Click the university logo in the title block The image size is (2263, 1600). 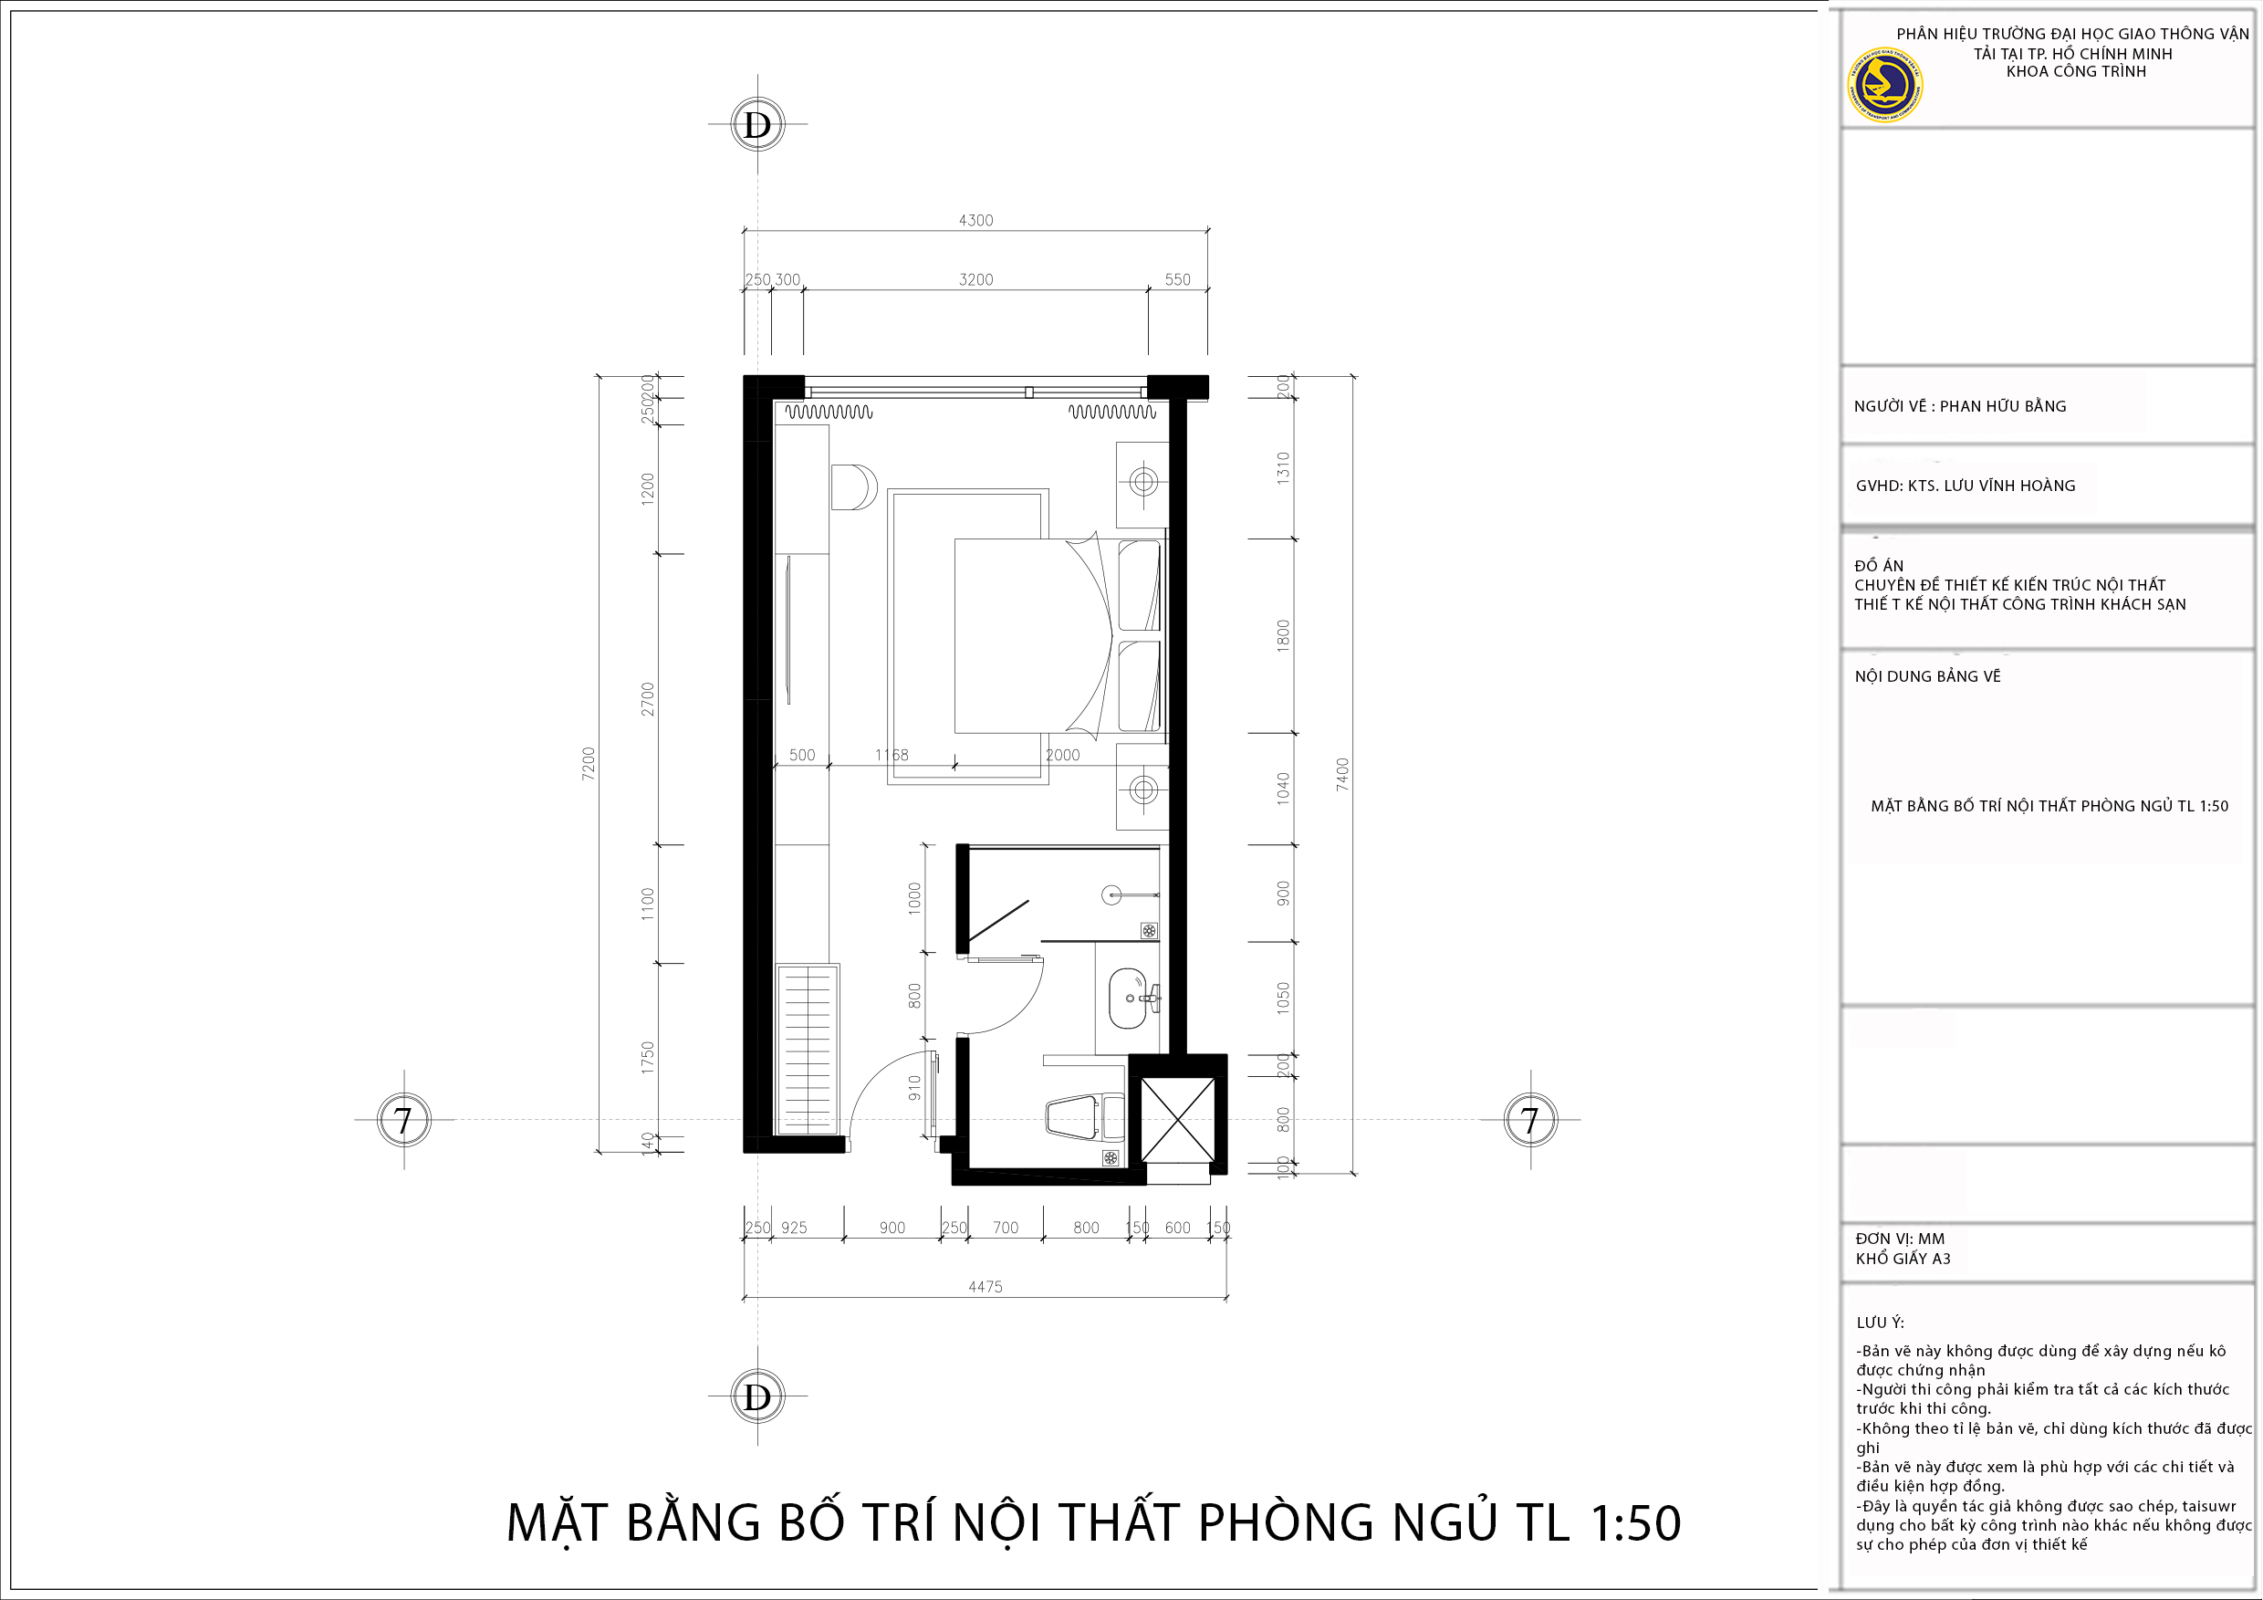(1883, 84)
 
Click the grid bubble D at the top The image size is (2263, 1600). (757, 124)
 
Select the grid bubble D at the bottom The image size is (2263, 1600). (757, 1396)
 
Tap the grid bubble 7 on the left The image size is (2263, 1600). (403, 1120)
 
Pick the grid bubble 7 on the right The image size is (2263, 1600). (1529, 1120)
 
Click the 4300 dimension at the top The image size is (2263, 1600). (975, 220)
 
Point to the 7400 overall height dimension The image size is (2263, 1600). (1341, 774)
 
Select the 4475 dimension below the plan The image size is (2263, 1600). (985, 1287)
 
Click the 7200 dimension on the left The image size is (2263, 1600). (589, 764)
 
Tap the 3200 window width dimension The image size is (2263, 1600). (975, 279)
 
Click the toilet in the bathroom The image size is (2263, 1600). (1081, 1118)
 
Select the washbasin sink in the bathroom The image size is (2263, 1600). (1128, 998)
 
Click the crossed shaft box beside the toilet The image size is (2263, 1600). (1178, 1120)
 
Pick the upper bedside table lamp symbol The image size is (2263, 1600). (1143, 482)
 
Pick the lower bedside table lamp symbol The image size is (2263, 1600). (1143, 789)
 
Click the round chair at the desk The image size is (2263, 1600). (851, 487)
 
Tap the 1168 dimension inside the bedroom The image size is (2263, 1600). (891, 754)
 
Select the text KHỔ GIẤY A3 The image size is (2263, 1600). (1903, 1258)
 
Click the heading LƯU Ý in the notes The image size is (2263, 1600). (1880, 1322)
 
